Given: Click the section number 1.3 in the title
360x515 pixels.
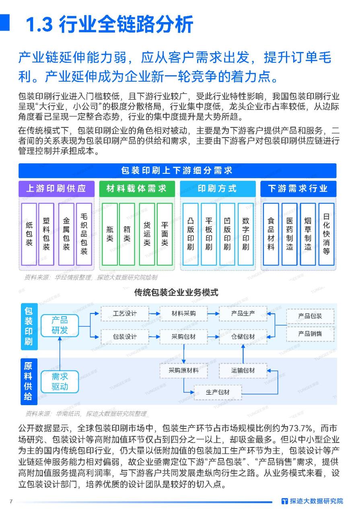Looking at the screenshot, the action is (x=39, y=25).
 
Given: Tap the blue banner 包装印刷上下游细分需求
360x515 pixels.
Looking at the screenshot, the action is (x=177, y=171).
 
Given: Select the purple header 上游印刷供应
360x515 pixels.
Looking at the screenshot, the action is (x=56, y=189).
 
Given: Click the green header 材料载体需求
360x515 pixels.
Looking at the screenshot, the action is (x=137, y=189).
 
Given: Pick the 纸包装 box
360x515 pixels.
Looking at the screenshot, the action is (x=29, y=234).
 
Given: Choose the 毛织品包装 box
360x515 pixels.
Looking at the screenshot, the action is (x=84, y=234).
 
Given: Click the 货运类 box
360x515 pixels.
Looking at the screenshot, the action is (x=147, y=234).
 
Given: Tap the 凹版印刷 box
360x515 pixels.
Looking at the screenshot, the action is (x=227, y=234).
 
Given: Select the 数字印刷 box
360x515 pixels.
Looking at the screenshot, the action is (x=246, y=234).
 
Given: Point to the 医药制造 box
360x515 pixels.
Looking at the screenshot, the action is (x=290, y=234).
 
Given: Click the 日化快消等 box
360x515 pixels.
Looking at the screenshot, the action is (x=327, y=234).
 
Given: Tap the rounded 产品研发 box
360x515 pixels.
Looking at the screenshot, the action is (x=60, y=325).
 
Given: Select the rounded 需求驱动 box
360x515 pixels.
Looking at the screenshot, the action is (x=60, y=382).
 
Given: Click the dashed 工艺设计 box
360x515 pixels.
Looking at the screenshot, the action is (x=125, y=313).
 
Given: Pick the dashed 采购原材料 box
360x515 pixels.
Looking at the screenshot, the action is (x=184, y=371).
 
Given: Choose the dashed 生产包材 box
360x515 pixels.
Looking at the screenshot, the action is (x=218, y=392).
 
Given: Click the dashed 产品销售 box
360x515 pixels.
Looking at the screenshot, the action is (x=310, y=334).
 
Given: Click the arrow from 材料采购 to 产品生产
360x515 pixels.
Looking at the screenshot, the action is (x=213, y=313).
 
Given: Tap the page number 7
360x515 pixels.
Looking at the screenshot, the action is (x=11, y=501).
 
